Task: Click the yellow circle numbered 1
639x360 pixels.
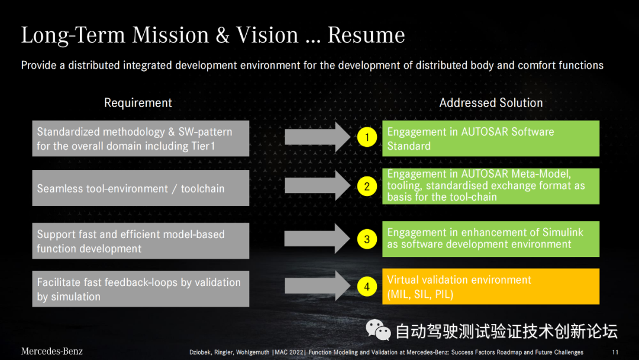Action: tap(367, 137)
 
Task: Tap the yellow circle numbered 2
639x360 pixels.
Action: tap(367, 187)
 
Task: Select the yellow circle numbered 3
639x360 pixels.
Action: tap(367, 239)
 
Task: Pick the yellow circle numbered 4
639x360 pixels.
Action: tap(367, 287)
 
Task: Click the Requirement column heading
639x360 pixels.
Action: tap(138, 103)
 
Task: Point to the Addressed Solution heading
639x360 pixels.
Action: tap(490, 103)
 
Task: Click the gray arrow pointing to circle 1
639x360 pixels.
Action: tap(318, 137)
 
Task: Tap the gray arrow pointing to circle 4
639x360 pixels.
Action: tap(318, 286)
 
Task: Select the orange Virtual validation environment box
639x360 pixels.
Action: tap(490, 286)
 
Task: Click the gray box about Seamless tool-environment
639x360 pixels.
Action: tap(141, 188)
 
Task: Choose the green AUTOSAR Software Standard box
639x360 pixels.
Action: tap(490, 138)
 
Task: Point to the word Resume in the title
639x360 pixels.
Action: tap(366, 35)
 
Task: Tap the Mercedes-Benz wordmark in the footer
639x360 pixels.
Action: tap(51, 351)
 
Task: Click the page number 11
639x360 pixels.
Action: tap(615, 352)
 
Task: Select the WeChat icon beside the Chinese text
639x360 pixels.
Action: tap(378, 330)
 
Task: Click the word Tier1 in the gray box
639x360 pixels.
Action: tap(203, 146)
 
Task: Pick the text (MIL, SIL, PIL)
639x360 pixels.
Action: tap(420, 294)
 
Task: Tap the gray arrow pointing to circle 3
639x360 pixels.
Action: tap(317, 239)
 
